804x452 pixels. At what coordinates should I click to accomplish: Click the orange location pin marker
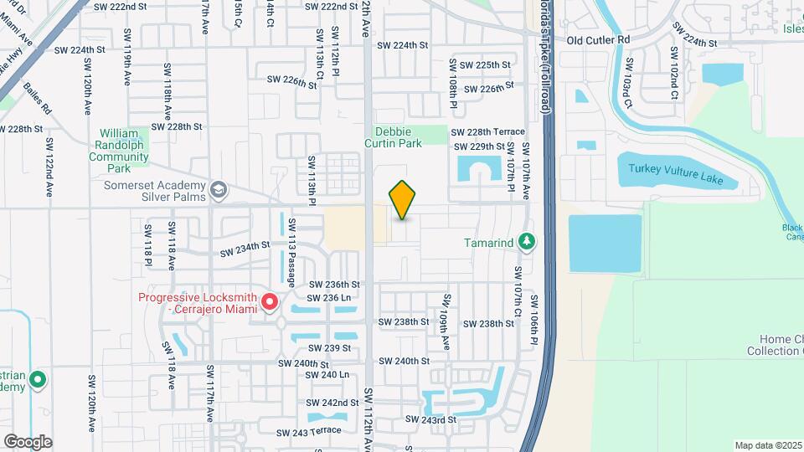[403, 200]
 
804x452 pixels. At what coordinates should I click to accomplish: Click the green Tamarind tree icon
[526, 243]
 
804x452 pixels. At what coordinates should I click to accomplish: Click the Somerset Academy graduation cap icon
[219, 191]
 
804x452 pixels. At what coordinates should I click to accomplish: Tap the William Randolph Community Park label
[123, 151]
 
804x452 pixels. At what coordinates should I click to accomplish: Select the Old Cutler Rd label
[597, 39]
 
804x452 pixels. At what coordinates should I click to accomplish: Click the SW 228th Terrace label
[487, 131]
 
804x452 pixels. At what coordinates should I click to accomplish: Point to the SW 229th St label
[478, 146]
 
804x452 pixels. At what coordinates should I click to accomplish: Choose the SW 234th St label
[245, 248]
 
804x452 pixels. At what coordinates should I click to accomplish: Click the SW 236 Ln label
[328, 298]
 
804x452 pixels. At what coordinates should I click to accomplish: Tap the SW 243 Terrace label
[309, 431]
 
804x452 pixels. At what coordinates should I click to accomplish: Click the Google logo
[28, 441]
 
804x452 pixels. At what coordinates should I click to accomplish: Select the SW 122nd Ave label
[49, 167]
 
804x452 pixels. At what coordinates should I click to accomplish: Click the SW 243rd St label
[430, 419]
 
